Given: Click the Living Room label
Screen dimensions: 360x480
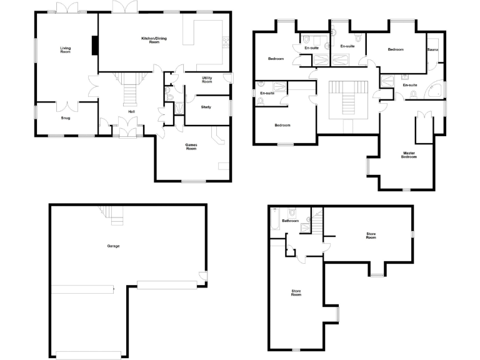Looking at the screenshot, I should (x=66, y=50).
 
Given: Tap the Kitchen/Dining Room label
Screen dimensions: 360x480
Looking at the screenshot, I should (x=154, y=40).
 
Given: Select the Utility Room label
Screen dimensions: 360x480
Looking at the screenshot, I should (x=207, y=79).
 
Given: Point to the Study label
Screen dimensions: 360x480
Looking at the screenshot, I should (x=206, y=107).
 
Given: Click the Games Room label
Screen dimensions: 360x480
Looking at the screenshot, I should (x=191, y=147).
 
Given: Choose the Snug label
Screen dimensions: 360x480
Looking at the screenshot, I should (x=66, y=117).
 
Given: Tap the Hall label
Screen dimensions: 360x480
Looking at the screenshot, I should (x=131, y=111).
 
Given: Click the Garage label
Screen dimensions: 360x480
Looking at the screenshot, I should (x=113, y=246).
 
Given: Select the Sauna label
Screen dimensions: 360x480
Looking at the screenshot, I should (x=432, y=49).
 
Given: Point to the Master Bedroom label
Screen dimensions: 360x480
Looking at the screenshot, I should (x=409, y=155).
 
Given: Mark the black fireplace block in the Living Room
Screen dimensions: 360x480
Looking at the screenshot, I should (x=95, y=46).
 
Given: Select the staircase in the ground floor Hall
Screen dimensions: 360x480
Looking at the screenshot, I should (x=131, y=87).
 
